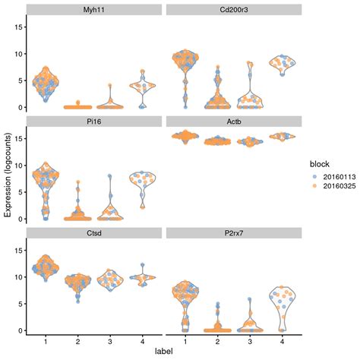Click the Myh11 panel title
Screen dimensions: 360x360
pos(95,10)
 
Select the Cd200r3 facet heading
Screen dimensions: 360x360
pos(234,10)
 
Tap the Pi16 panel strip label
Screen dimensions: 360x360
pos(95,121)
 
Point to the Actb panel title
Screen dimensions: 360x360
pos(234,121)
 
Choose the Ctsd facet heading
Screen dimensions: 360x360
pos(95,232)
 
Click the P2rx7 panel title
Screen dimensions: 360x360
pos(234,232)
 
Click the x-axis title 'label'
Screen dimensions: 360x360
pos(165,352)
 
